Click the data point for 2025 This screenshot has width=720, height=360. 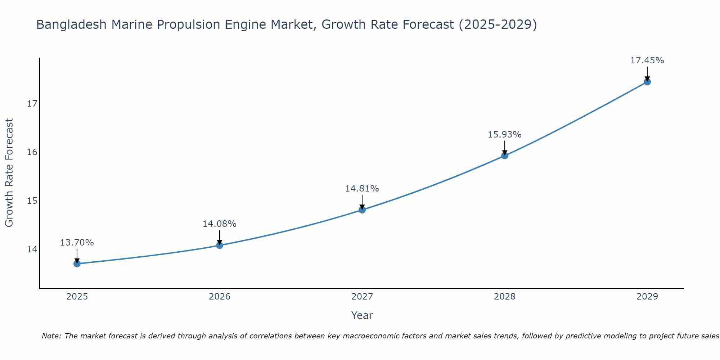tap(77, 264)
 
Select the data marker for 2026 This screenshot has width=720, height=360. tap(220, 246)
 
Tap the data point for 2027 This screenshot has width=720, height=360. tap(362, 210)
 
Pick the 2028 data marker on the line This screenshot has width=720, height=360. tap(505, 156)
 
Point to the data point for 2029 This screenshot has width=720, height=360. tap(647, 82)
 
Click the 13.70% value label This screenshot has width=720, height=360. tap(77, 243)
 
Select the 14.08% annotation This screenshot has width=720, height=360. tap(219, 224)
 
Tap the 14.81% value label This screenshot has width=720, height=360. tap(362, 189)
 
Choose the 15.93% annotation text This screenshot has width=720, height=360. tap(504, 135)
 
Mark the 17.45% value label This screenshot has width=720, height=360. tap(647, 60)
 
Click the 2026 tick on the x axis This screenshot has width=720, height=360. tap(220, 297)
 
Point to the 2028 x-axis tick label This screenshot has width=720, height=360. tap(505, 297)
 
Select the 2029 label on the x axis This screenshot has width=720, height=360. tap(647, 297)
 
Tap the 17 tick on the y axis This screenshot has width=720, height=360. tap(32, 104)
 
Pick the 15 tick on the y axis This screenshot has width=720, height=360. tap(32, 201)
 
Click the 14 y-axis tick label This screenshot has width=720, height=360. tap(32, 249)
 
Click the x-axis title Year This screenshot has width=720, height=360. tap(362, 315)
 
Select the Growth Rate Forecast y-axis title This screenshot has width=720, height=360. tap(9, 173)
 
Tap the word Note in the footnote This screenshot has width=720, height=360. tap(51, 336)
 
